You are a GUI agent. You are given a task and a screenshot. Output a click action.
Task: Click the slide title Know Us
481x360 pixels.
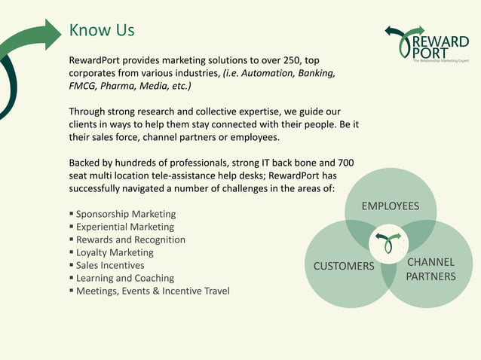click(x=102, y=30)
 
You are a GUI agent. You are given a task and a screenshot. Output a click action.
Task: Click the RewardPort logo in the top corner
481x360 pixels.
click(x=426, y=45)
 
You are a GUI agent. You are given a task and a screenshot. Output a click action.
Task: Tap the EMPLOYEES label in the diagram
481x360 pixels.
click(x=390, y=206)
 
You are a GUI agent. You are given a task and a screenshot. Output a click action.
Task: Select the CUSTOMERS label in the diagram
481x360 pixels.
click(x=344, y=266)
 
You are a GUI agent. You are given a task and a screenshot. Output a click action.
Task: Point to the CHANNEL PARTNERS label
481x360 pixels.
click(x=430, y=269)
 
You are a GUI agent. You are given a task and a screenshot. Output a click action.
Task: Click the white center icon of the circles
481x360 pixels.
click(x=388, y=243)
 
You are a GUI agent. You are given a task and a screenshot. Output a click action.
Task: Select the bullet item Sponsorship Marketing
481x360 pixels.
click(x=126, y=214)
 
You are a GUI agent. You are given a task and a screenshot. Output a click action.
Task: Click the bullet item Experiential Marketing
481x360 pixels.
click(x=125, y=227)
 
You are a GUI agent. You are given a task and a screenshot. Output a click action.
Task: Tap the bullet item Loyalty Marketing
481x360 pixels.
click(x=115, y=252)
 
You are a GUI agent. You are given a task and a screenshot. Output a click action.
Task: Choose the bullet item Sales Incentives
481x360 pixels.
click(x=110, y=265)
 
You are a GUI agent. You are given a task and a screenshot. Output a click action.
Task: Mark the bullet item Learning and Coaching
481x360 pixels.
click(x=125, y=278)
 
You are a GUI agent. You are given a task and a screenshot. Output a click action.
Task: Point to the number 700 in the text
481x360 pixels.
click(x=345, y=163)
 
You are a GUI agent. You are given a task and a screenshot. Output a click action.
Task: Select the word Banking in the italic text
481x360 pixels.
click(x=316, y=73)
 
